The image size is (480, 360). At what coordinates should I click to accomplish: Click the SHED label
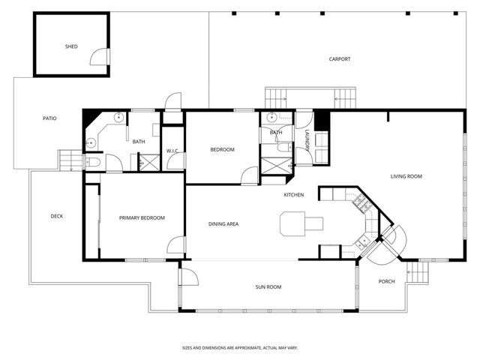[x=71, y=46]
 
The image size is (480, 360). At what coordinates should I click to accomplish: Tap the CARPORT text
[x=340, y=59]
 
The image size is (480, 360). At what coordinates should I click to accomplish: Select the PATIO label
[x=49, y=118]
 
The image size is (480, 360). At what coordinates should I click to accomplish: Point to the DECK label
[x=57, y=217]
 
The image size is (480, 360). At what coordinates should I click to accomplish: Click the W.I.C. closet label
[x=172, y=150]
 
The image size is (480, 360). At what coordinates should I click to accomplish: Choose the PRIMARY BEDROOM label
[x=142, y=218]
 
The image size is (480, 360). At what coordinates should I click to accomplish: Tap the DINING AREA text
[x=223, y=224]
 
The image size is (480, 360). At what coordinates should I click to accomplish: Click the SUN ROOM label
[x=268, y=286]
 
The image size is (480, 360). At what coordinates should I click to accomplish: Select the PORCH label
[x=386, y=281]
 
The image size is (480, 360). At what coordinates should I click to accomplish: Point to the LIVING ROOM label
[x=406, y=177]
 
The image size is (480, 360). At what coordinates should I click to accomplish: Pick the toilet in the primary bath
[x=94, y=163]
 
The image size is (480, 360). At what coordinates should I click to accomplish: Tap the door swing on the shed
[x=99, y=57]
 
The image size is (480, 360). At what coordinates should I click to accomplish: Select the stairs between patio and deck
[x=68, y=160]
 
